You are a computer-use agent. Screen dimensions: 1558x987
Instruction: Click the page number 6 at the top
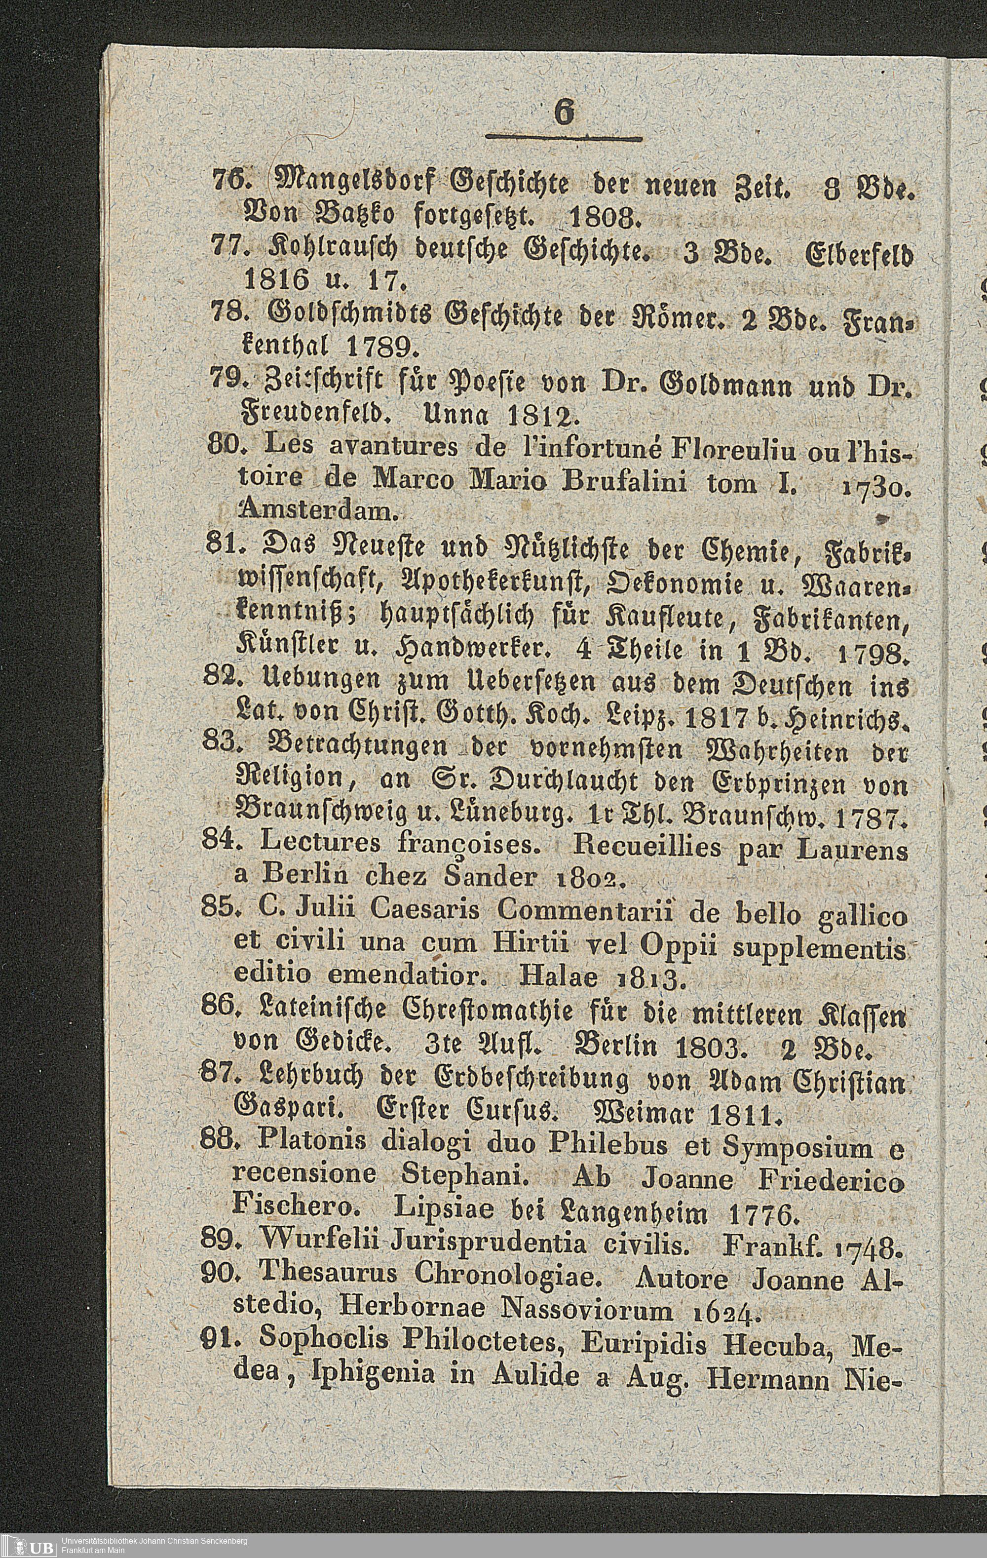[x=564, y=115]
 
